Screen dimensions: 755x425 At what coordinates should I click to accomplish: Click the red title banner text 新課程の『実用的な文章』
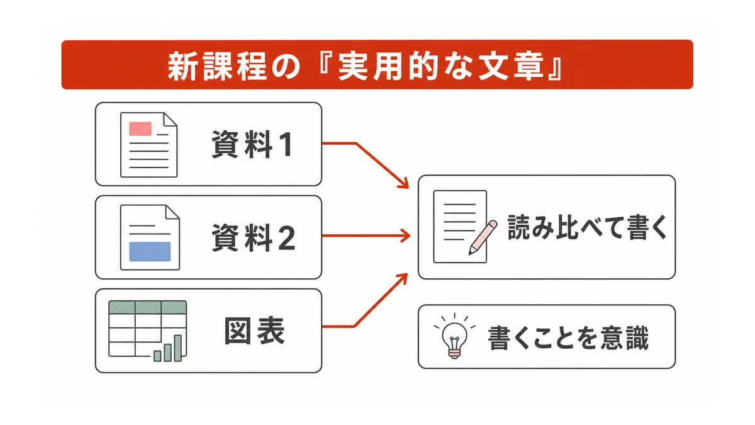click(365, 65)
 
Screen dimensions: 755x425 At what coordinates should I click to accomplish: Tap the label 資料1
click(252, 144)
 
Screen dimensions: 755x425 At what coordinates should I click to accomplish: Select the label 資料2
click(254, 237)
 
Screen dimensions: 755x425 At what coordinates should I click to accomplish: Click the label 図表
click(254, 331)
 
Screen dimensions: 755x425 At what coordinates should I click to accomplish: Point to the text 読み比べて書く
click(587, 227)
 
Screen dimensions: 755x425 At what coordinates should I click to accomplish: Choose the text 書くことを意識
click(568, 337)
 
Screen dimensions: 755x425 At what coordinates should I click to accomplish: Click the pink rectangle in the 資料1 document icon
click(140, 128)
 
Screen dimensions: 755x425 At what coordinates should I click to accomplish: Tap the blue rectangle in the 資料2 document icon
click(150, 251)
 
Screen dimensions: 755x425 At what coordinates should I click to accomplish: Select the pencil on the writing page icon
click(483, 237)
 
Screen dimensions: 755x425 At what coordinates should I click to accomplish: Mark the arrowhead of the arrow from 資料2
click(405, 235)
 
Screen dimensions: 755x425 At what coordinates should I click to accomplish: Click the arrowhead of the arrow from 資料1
click(403, 183)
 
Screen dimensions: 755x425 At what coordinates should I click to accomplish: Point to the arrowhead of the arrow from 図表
click(402, 279)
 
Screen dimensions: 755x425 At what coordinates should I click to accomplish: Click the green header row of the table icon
click(148, 307)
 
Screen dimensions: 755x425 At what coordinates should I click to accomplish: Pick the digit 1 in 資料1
click(286, 145)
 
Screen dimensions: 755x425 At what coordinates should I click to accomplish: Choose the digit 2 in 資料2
click(287, 238)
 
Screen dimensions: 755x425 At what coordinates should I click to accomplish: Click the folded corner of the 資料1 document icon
click(171, 120)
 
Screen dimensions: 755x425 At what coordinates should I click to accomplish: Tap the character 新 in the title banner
click(182, 66)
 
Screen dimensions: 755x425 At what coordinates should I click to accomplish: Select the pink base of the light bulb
click(454, 353)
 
